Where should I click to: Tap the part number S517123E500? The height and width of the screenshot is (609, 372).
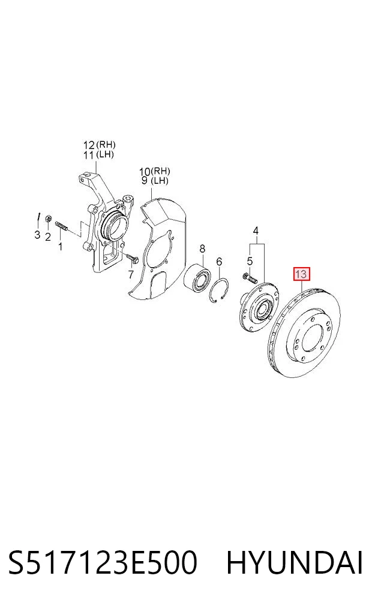pyautogui.click(x=103, y=563)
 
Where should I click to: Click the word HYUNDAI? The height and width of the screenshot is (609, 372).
pyautogui.click(x=295, y=563)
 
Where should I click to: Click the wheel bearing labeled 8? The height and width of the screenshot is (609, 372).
pyautogui.click(x=199, y=278)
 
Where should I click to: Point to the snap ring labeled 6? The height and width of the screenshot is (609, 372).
pyautogui.click(x=218, y=291)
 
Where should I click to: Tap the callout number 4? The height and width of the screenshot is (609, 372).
pyautogui.click(x=256, y=231)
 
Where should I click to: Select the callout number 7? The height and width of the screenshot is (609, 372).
pyautogui.click(x=130, y=274)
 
